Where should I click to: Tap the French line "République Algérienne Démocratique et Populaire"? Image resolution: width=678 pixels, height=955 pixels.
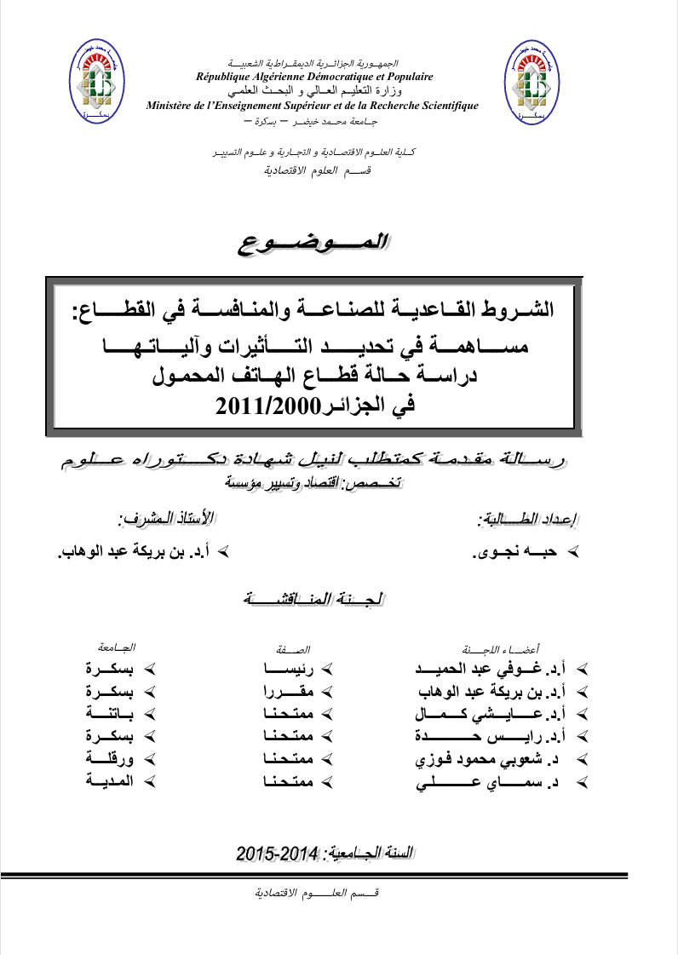pyautogui.click(x=314, y=77)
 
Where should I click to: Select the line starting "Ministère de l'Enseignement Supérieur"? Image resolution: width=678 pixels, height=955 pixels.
pyautogui.click(x=313, y=106)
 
